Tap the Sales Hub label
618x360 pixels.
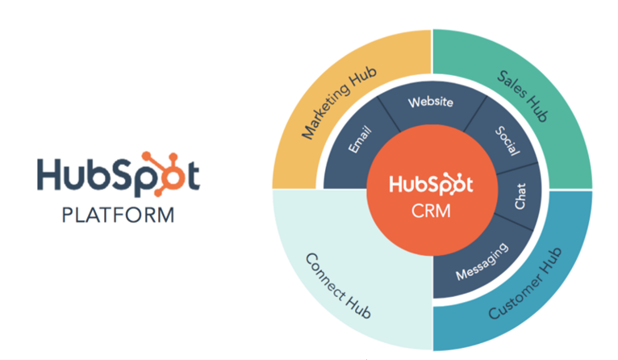tap(522, 96)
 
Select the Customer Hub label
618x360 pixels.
tap(525, 283)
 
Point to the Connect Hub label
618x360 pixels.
tap(338, 286)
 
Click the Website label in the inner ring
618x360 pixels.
tap(430, 103)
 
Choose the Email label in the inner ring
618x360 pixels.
tap(360, 139)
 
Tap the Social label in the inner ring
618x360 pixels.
tap(507, 140)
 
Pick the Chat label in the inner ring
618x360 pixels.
tap(520, 196)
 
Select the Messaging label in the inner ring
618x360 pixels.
tap(482, 262)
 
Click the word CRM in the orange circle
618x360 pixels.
tap(431, 211)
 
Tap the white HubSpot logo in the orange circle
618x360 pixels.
tap(431, 184)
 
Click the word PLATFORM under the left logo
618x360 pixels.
tap(118, 216)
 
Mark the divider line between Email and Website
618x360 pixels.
tap(389, 115)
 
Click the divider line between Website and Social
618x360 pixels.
tap(475, 114)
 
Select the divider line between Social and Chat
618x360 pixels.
tap(516, 169)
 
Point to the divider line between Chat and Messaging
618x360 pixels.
tap(514, 223)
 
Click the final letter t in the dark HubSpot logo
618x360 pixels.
tap(194, 176)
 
